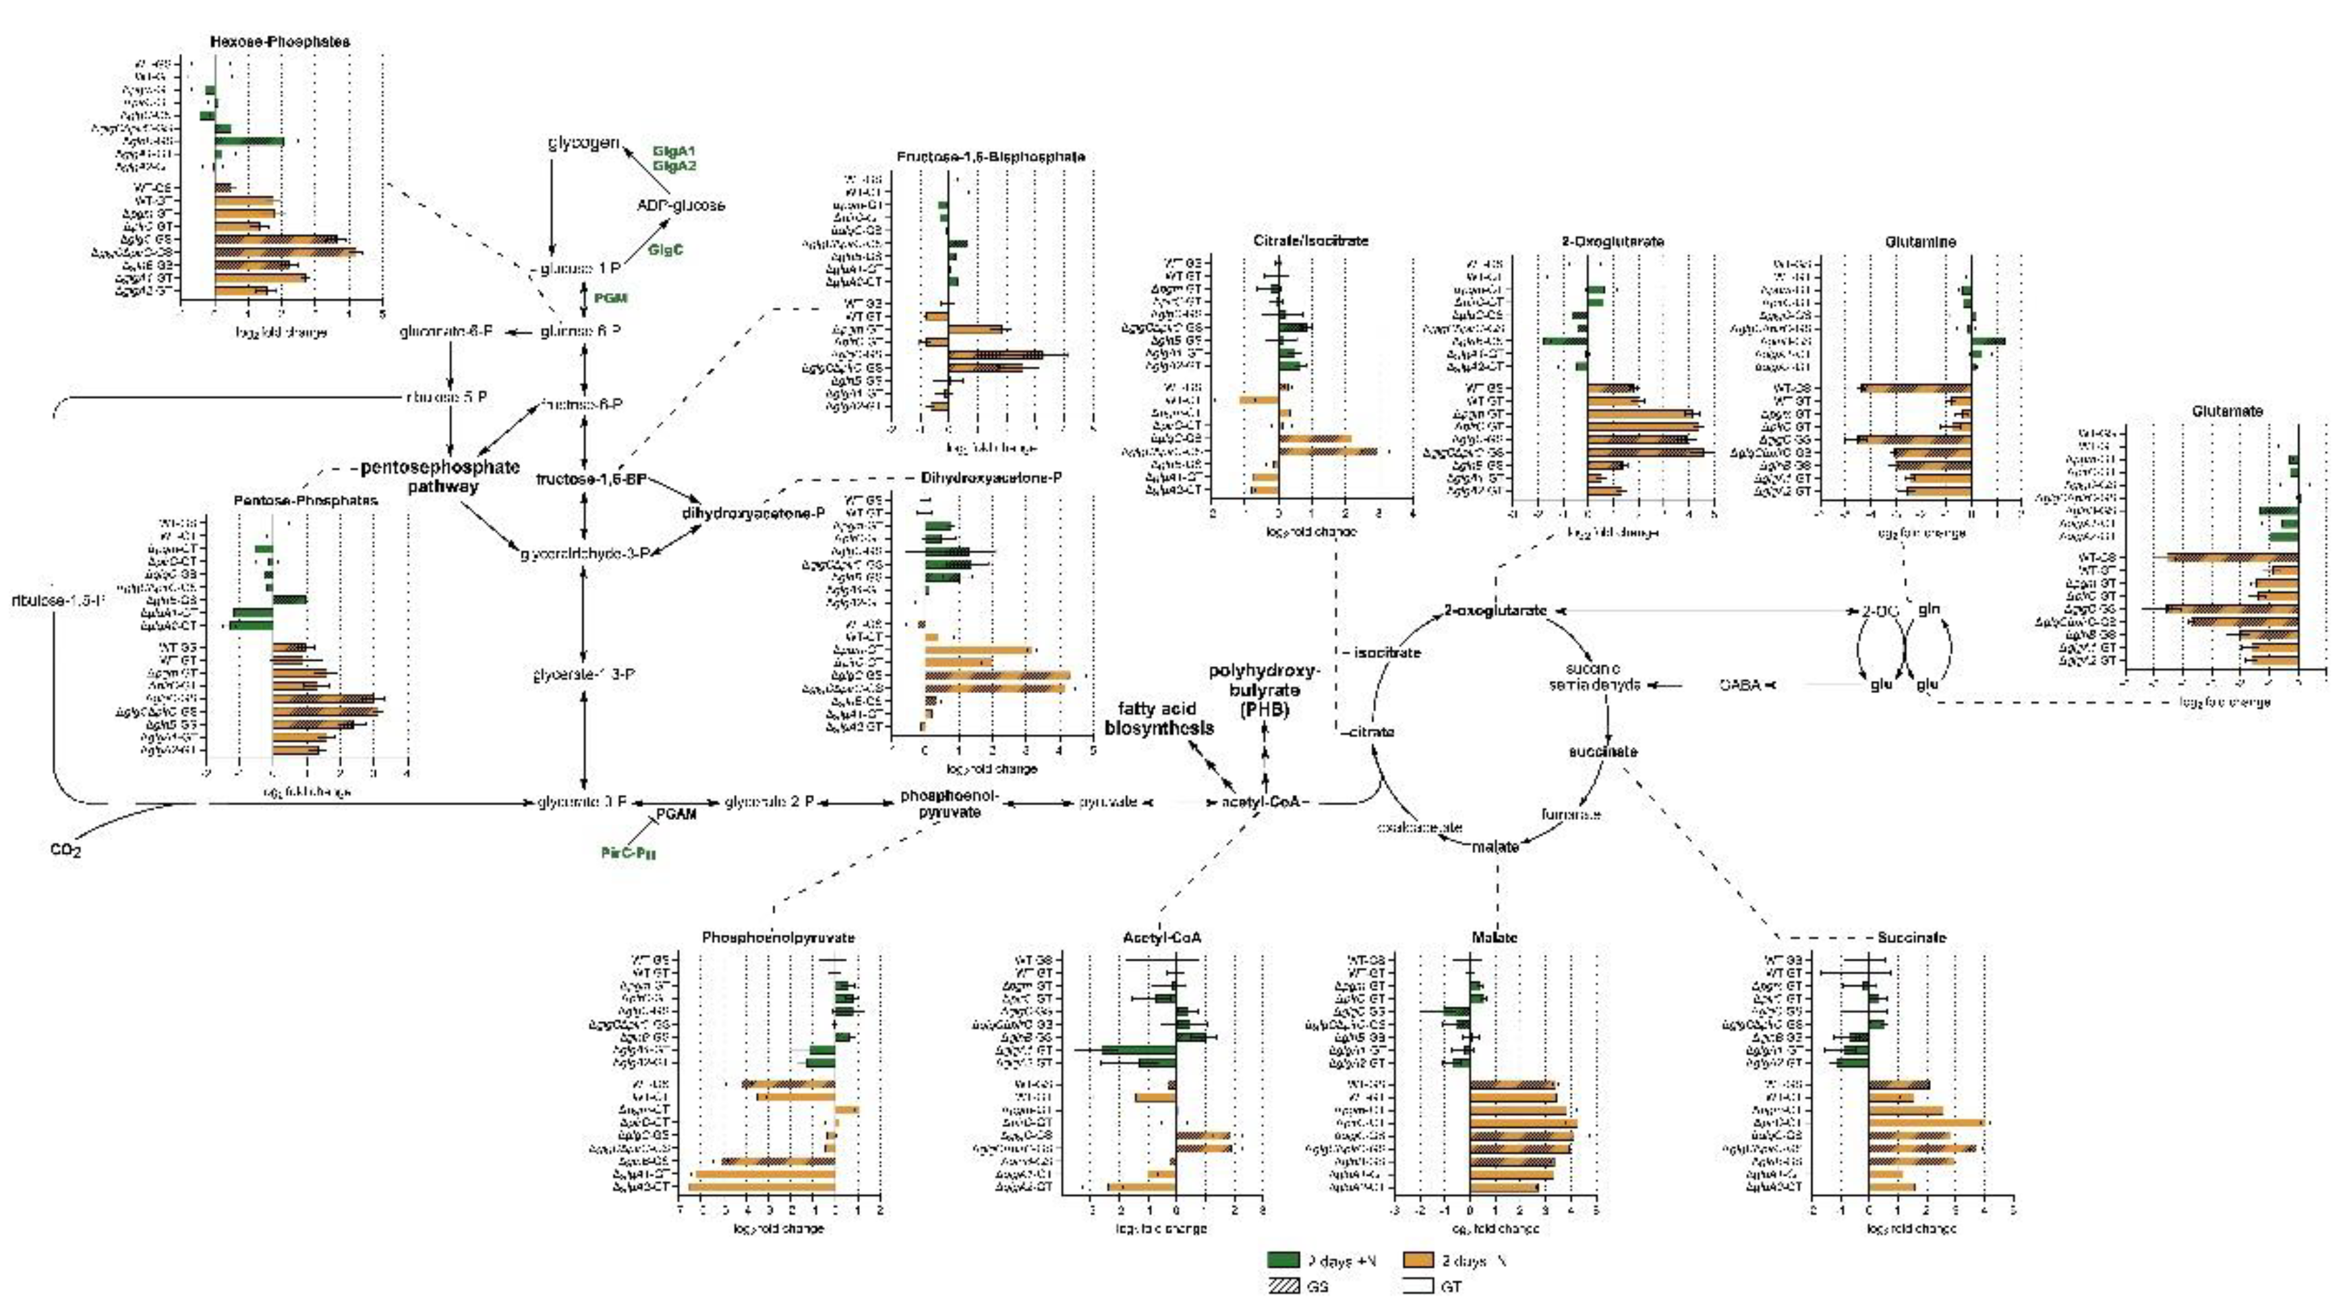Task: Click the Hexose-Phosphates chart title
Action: click(x=279, y=42)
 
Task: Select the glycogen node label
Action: click(x=583, y=143)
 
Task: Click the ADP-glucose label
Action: click(x=681, y=205)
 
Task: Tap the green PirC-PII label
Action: click(x=628, y=852)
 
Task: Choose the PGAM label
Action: click(x=676, y=814)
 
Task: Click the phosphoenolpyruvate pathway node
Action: click(x=950, y=803)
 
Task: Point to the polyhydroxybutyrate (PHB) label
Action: click(x=1265, y=690)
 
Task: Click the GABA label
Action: click(x=1739, y=684)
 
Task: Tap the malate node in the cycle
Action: click(x=1496, y=847)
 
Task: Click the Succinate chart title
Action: click(x=1912, y=937)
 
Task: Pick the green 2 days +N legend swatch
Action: click(x=1283, y=1261)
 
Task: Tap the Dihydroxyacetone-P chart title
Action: click(x=991, y=477)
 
